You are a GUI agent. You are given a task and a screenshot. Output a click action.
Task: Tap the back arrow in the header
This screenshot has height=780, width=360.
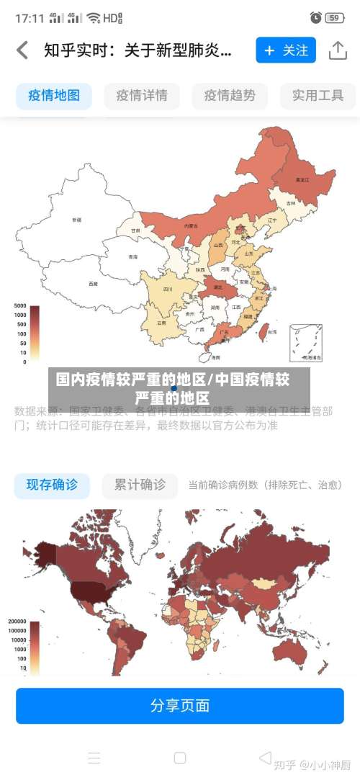[23, 50]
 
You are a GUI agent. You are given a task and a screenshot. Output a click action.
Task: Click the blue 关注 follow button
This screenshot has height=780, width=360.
[285, 50]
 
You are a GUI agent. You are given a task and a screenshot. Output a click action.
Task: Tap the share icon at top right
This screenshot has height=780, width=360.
[338, 50]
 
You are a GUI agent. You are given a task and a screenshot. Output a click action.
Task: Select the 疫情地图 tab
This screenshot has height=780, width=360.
[54, 95]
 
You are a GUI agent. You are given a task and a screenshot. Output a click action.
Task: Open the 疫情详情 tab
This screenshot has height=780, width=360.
[142, 95]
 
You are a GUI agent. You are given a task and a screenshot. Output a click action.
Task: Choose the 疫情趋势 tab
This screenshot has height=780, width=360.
[230, 95]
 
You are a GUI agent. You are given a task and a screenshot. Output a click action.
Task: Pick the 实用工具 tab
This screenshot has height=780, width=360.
[318, 95]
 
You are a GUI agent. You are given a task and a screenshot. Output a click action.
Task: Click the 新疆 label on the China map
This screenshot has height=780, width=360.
[77, 219]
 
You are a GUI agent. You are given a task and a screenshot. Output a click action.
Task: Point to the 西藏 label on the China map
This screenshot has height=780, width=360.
[93, 284]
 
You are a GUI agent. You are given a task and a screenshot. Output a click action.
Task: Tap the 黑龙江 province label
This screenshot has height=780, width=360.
[302, 179]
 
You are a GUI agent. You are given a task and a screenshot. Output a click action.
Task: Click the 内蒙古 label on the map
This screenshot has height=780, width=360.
[191, 225]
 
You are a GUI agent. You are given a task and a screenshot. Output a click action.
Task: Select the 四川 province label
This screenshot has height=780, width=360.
[168, 289]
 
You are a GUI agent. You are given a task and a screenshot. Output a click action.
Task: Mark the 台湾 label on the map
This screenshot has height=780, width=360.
[272, 332]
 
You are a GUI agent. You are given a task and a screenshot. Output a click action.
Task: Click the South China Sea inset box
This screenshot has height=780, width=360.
[306, 343]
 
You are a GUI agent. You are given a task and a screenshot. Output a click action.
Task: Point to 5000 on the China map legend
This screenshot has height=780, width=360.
[20, 306]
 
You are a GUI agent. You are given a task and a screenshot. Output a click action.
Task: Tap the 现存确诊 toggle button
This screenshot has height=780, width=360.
[52, 485]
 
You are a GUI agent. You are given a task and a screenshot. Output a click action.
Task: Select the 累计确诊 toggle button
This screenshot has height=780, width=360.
[140, 485]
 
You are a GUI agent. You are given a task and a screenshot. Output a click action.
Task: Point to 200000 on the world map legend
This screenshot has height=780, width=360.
[18, 621]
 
